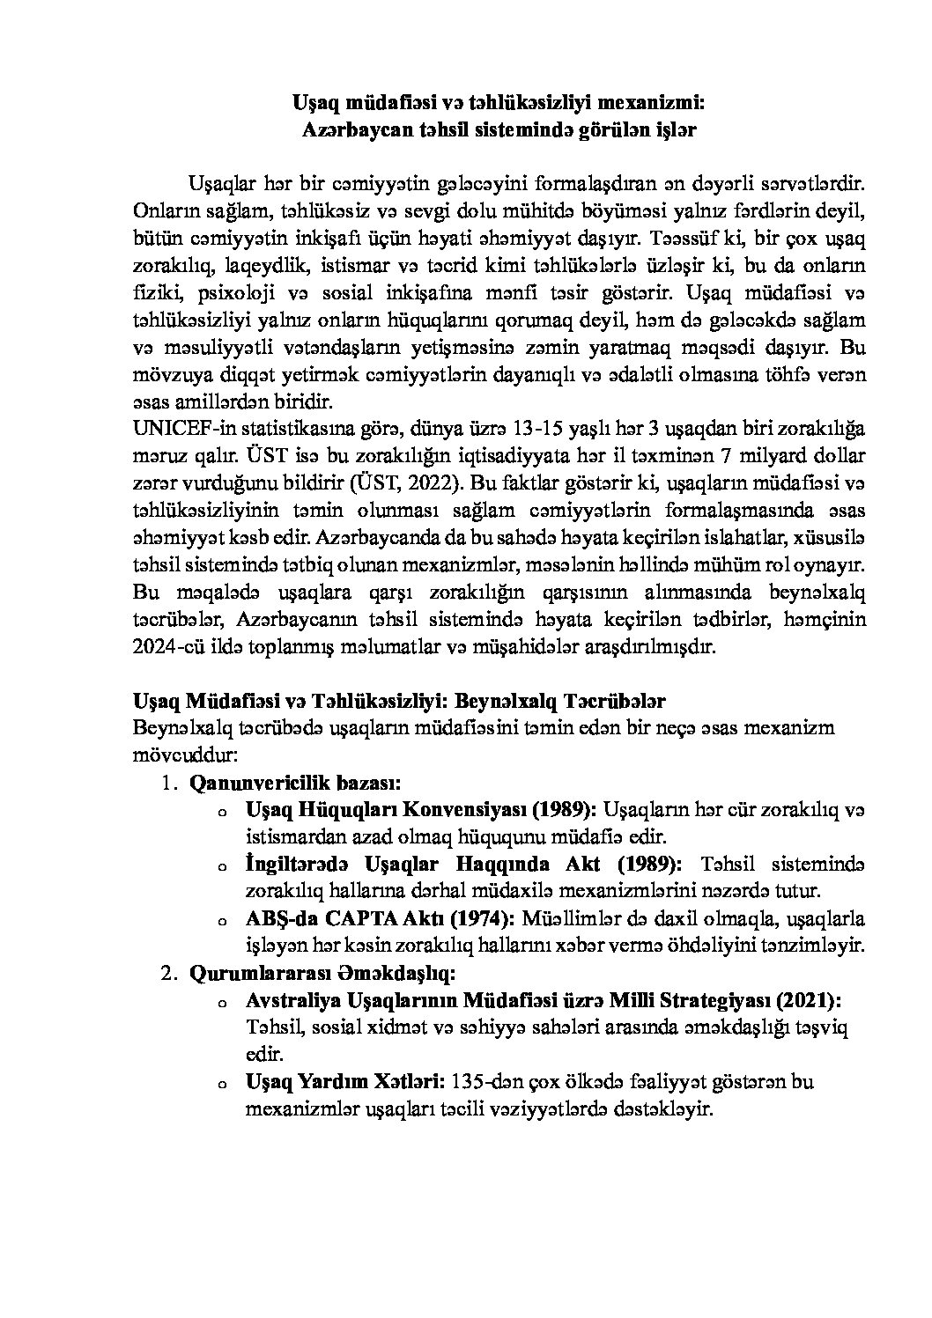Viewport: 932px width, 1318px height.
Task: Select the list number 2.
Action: [167, 973]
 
